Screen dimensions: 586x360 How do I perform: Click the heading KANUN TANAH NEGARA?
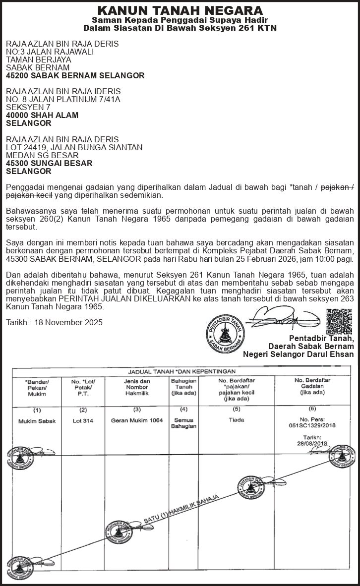180,10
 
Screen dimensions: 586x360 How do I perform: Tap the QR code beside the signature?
339,321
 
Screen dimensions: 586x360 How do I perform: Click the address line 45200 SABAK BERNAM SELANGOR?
75,76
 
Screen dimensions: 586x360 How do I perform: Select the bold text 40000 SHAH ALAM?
42,115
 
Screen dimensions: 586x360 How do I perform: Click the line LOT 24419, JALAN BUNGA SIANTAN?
74,147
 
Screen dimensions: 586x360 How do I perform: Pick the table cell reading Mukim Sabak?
37,420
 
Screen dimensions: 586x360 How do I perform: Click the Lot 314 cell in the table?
83,420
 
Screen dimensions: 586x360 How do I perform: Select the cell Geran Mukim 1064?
137,420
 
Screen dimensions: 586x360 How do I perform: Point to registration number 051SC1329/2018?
312,425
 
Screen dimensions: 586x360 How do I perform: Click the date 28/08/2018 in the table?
312,443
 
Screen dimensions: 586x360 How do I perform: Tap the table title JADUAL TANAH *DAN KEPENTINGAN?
182,371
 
